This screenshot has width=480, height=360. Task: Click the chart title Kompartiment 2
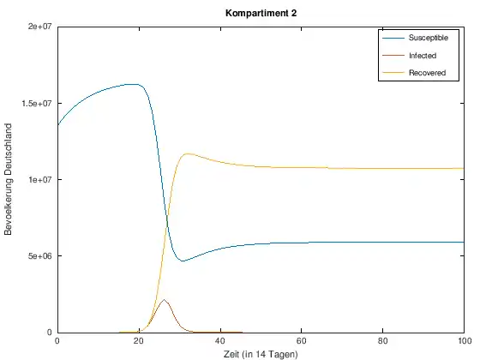click(x=261, y=13)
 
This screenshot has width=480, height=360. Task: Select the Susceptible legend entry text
click(x=429, y=38)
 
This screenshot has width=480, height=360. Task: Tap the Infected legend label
click(x=423, y=56)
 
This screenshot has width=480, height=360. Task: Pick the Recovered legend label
click(x=427, y=73)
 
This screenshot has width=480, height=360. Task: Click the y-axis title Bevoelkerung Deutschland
click(x=9, y=179)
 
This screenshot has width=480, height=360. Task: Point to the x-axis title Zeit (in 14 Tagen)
click(x=261, y=354)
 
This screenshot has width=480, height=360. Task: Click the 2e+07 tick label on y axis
click(x=41, y=27)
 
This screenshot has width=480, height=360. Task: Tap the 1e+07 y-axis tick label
click(x=41, y=179)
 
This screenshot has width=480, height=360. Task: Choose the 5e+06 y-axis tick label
click(x=41, y=256)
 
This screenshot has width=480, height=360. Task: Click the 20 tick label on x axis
click(x=139, y=341)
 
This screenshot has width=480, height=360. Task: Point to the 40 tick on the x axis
click(x=220, y=341)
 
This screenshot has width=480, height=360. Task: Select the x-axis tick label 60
click(x=301, y=341)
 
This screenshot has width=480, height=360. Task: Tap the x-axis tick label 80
click(x=382, y=341)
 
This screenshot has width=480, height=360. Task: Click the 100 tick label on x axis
click(x=465, y=341)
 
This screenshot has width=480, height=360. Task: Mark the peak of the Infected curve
click(x=164, y=299)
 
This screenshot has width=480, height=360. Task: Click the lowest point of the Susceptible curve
click(x=183, y=261)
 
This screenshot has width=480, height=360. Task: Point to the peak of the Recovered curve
click(x=188, y=153)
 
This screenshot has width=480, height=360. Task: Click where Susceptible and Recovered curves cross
click(x=167, y=221)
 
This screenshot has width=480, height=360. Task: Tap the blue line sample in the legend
click(x=393, y=38)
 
